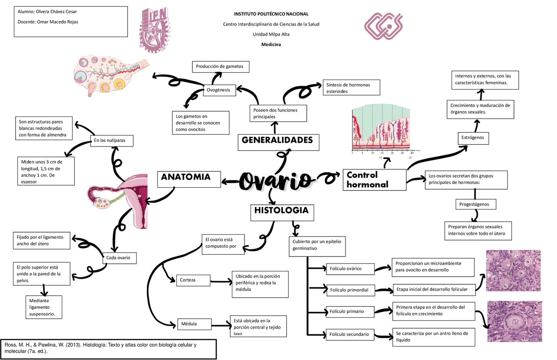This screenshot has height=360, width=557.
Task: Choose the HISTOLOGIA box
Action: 281,212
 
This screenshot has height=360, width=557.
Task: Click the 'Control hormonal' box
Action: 374,180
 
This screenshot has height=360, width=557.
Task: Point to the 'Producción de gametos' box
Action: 221,67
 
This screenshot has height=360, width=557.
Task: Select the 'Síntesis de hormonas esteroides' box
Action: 351,87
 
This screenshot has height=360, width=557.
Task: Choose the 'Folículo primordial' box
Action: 349,290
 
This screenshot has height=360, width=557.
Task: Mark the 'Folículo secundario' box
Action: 349,334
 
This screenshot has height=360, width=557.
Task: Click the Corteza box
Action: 193,280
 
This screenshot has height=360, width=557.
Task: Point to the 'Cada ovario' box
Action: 119,258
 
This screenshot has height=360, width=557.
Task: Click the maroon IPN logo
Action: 153,31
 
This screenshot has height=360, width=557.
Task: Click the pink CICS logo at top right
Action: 383,26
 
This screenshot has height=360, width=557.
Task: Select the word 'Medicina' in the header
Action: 271,44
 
